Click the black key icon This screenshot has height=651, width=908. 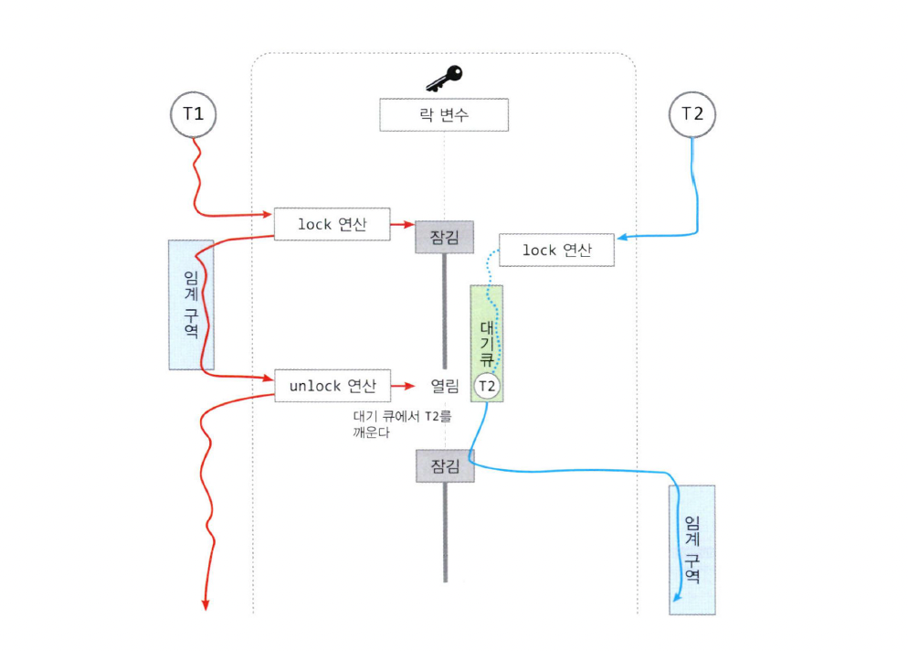(x=444, y=78)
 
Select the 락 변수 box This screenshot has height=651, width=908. (x=444, y=116)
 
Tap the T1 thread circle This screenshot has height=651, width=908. (x=194, y=114)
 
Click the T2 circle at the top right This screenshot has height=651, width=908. (x=692, y=114)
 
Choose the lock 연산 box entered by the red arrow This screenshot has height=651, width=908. (x=333, y=224)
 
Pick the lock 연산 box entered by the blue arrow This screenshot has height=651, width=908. (x=556, y=250)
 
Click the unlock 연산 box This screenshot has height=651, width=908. (x=333, y=386)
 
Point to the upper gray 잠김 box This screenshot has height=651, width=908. (x=445, y=236)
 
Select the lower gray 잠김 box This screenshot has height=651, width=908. (x=445, y=465)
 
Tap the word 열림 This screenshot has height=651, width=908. (x=444, y=387)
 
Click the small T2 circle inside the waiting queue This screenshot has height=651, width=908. (x=488, y=387)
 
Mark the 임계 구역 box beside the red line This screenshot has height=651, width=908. (x=191, y=304)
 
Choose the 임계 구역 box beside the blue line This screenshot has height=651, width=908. (x=692, y=549)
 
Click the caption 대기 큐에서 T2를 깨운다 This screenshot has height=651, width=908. (x=402, y=423)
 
